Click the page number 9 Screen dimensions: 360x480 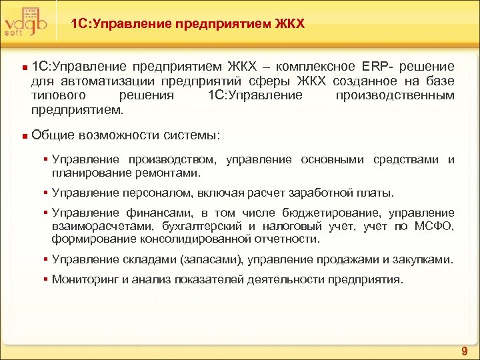click(464, 351)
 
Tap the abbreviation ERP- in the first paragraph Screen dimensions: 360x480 click(379, 67)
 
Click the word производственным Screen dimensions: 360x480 click(395, 95)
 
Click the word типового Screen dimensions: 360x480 click(55, 95)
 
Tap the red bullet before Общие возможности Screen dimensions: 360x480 click(23, 136)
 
